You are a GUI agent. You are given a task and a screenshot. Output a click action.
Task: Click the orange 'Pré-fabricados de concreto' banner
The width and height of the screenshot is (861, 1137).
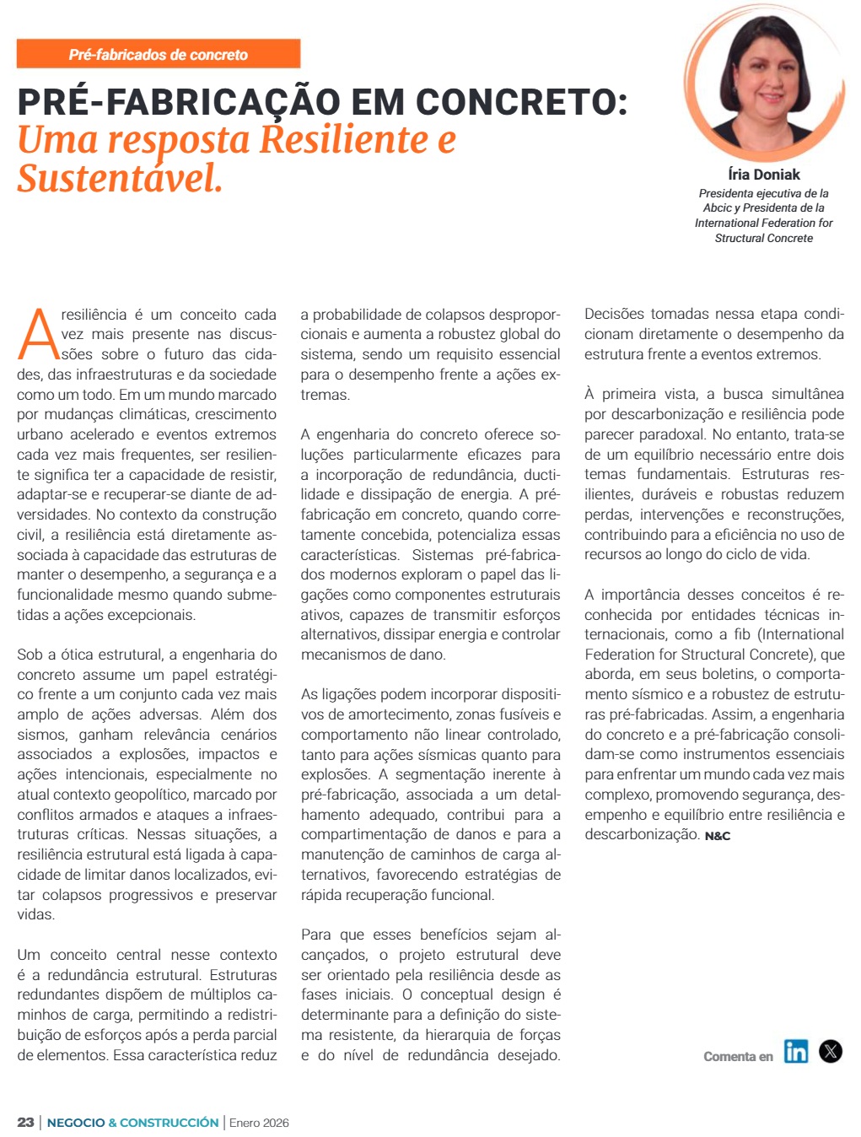coord(158,54)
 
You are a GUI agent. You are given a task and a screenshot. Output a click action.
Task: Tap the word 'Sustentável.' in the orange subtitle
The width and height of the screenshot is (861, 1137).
coord(120,178)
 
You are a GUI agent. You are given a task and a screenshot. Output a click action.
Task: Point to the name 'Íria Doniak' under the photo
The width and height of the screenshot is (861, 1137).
coord(763,175)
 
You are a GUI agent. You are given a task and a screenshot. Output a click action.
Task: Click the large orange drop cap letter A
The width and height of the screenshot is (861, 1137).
coord(37,333)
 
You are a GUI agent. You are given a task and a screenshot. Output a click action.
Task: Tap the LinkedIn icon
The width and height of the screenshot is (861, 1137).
coord(795,1051)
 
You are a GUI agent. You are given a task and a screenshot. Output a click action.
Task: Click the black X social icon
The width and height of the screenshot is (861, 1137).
coord(831,1051)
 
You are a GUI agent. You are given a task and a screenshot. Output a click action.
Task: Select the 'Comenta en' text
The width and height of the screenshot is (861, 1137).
coord(738,1056)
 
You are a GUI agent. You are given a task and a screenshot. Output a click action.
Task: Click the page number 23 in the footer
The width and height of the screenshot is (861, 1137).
coord(25,1123)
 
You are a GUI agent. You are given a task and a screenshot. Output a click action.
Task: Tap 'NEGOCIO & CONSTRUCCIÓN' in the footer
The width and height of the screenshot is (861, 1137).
coord(132,1123)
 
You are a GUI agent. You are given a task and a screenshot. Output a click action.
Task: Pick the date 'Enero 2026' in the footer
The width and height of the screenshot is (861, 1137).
coord(259,1123)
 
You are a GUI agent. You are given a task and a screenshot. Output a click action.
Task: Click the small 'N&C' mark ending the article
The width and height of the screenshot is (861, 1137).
coord(718,836)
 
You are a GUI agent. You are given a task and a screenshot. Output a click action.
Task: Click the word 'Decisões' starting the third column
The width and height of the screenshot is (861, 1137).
coord(613,315)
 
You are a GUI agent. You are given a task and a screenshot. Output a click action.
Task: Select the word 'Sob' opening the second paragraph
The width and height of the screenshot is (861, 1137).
coord(30,655)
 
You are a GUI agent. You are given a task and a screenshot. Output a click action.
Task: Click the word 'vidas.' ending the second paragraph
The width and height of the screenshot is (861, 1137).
coord(35,914)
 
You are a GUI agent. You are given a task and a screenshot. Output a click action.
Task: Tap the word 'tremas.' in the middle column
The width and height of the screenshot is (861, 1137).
coord(326,395)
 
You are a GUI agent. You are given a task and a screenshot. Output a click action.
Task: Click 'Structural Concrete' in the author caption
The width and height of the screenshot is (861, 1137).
coord(763,238)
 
